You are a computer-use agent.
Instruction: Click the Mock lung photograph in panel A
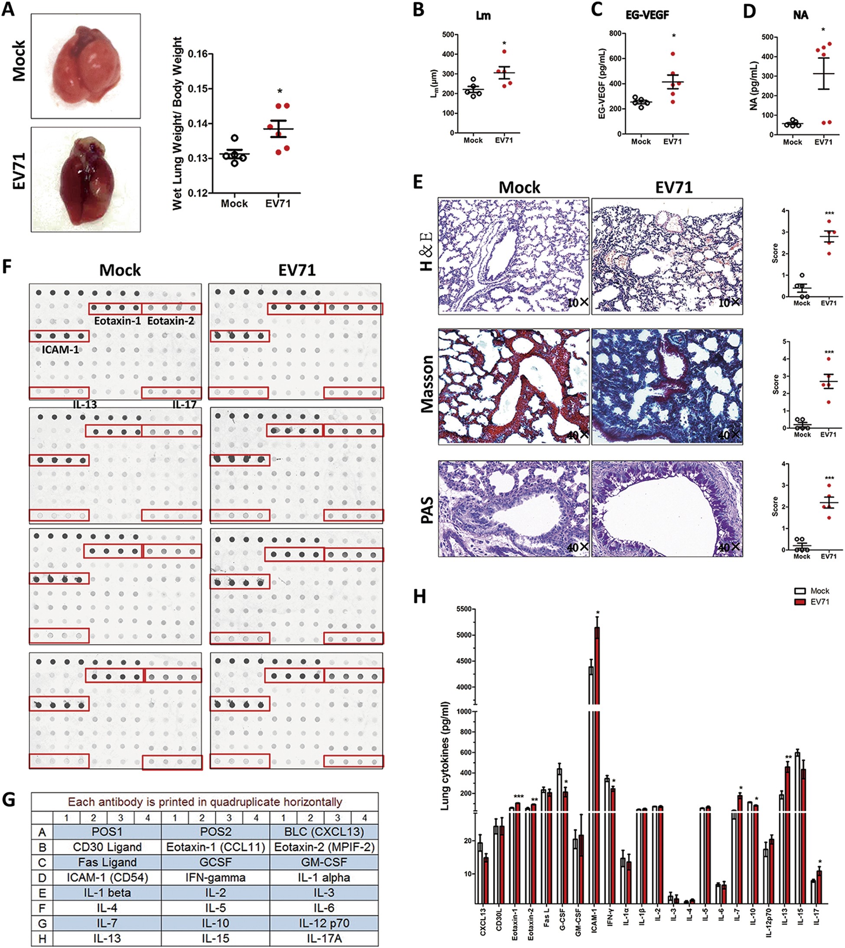pyautogui.click(x=86, y=65)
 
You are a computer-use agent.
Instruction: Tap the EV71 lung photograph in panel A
pyautogui.click(x=86, y=179)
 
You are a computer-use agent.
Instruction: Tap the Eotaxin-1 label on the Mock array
pyautogui.click(x=117, y=321)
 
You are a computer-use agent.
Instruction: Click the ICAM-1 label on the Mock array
pyautogui.click(x=60, y=349)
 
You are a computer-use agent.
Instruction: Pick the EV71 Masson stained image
pyautogui.click(x=667, y=387)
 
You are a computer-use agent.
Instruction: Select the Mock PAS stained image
pyautogui.click(x=513, y=508)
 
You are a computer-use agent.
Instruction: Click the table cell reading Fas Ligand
pyautogui.click(x=107, y=862)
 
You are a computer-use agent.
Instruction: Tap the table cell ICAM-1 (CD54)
pyautogui.click(x=107, y=877)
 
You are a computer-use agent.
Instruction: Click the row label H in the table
pyautogui.click(x=42, y=938)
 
